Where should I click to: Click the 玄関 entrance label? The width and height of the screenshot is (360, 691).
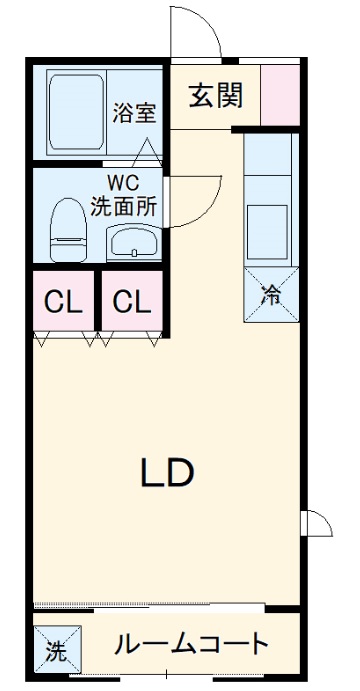[x=214, y=96]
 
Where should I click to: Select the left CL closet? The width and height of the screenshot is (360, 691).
[x=62, y=301]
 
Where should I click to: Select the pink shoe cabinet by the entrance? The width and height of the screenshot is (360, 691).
[x=280, y=95]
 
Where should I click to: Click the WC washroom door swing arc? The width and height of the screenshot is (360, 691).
[x=190, y=200]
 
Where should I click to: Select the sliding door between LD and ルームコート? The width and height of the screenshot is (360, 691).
[x=150, y=606]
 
